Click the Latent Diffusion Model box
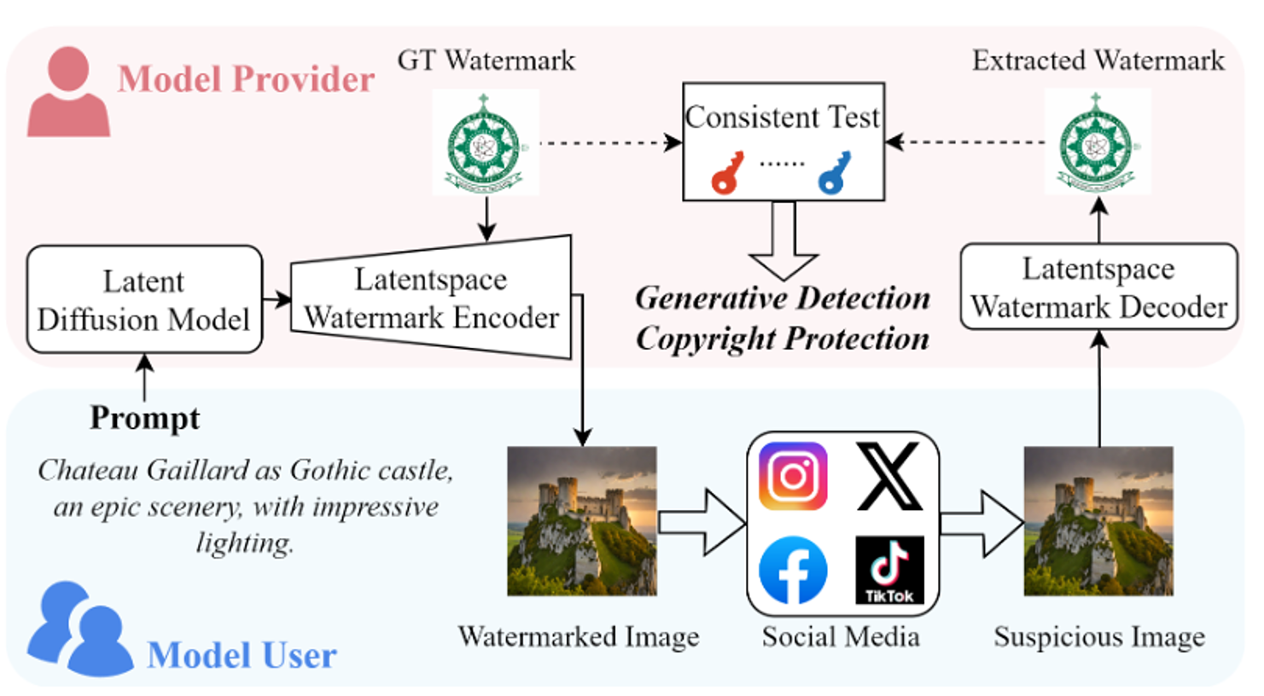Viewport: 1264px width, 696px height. click(144, 299)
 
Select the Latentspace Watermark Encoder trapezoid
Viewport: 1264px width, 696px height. click(431, 298)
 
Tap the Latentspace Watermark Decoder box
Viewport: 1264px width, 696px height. click(1098, 287)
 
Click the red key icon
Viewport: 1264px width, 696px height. click(726, 173)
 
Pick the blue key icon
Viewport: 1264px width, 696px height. click(834, 173)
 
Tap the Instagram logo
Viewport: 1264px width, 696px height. click(793, 476)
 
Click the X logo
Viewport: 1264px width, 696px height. click(888, 476)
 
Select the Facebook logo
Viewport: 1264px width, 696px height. click(793, 570)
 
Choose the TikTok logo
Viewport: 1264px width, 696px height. click(888, 570)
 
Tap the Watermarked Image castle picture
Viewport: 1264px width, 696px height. click(581, 521)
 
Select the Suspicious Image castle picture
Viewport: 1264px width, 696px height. click(1098, 521)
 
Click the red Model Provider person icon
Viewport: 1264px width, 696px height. click(68, 92)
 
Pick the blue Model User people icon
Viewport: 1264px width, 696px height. click(79, 629)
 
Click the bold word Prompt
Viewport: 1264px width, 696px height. click(145, 418)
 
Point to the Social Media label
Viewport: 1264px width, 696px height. click(841, 637)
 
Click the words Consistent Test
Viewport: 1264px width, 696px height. click(782, 117)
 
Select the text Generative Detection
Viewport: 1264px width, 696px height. click(783, 298)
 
